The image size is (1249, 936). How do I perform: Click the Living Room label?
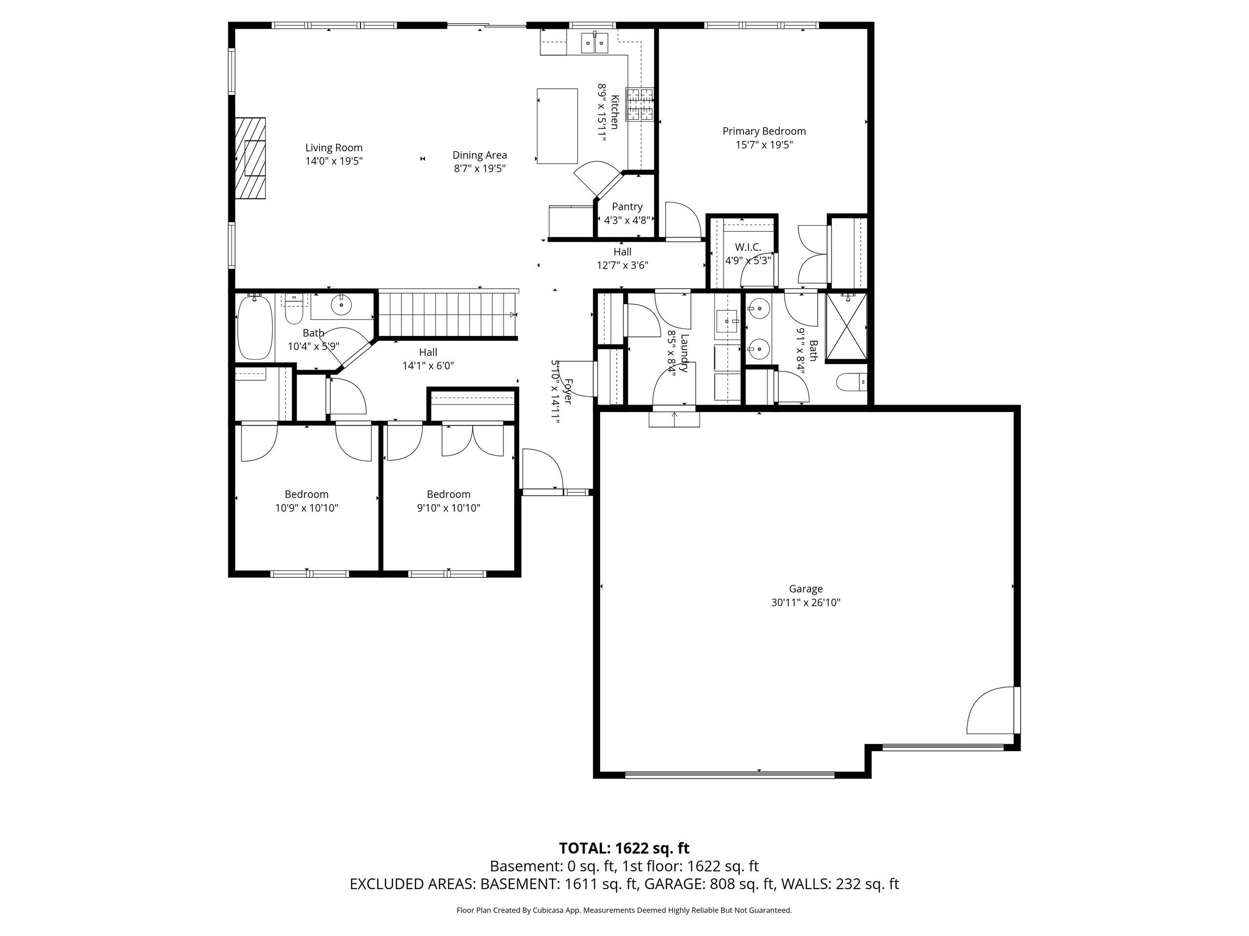point(334,148)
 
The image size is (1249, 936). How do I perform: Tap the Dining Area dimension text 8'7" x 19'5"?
point(480,168)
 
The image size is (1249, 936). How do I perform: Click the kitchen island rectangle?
point(557,126)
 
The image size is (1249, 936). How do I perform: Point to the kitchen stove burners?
point(640,105)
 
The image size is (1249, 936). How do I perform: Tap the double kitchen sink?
point(595,42)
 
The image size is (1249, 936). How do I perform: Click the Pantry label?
point(627,207)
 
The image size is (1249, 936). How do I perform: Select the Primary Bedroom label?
point(764,131)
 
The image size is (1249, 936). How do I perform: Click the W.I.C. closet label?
point(747,247)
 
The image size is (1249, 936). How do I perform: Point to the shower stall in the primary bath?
point(846,327)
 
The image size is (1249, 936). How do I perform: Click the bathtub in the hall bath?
point(254,328)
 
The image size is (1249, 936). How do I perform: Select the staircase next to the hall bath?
point(446,314)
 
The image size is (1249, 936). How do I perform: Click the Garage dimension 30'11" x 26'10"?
point(806,603)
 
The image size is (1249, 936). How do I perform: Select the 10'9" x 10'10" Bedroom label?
point(306,494)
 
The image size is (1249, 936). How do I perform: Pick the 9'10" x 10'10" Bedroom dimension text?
point(448,508)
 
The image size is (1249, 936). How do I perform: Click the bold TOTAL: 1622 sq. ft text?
point(624,848)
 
